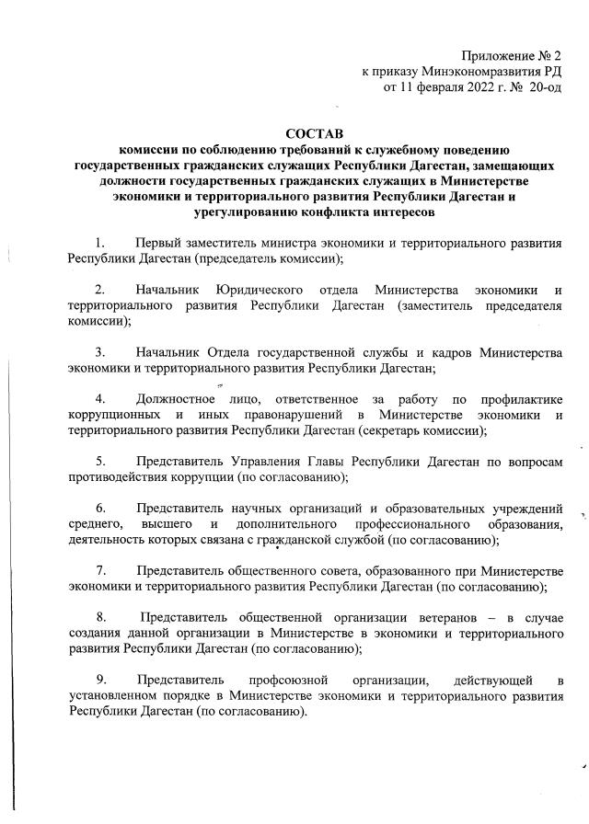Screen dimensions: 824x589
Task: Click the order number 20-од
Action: (x=544, y=88)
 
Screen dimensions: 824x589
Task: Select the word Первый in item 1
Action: (x=162, y=243)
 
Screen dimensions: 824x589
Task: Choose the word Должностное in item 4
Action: (x=175, y=399)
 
